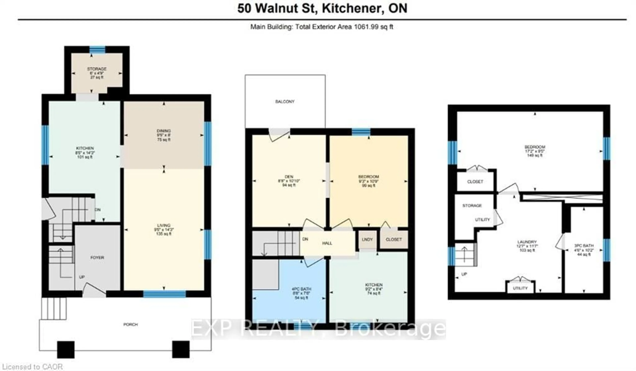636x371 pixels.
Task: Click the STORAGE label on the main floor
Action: (x=97, y=69)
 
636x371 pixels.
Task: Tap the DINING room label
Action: (x=163, y=131)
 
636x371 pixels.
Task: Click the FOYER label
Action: (x=97, y=258)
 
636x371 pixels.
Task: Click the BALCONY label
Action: (x=285, y=102)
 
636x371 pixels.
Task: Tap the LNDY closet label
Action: (x=367, y=240)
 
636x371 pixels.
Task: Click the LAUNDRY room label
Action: (x=527, y=242)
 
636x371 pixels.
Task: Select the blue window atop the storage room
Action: (x=97, y=50)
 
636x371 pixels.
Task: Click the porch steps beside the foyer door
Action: (x=54, y=308)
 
